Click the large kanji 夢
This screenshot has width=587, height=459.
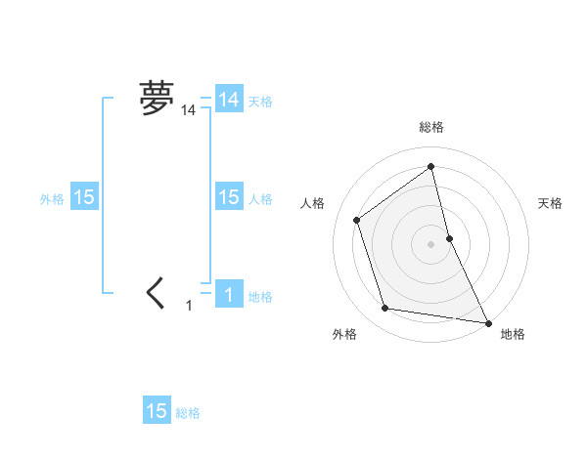click(157, 98)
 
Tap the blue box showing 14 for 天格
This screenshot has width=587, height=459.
click(229, 99)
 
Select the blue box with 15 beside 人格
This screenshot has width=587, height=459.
click(229, 197)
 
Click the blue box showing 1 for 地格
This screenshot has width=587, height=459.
click(229, 294)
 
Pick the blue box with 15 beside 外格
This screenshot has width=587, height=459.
click(84, 197)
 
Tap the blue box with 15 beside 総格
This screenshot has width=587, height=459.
click(157, 411)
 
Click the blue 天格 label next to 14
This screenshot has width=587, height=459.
click(260, 101)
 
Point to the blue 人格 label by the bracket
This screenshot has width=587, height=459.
click(260, 199)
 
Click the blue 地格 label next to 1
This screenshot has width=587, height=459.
click(260, 297)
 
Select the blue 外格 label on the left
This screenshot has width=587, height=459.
click(52, 199)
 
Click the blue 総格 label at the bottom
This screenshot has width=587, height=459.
click(188, 413)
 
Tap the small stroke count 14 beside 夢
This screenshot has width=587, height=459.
click(188, 111)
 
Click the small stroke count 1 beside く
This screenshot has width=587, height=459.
click(189, 306)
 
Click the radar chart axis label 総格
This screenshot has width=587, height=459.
click(431, 127)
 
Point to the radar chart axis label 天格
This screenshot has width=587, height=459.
click(551, 203)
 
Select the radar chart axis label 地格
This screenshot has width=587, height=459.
click(513, 335)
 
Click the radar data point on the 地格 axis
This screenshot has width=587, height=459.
click(487, 321)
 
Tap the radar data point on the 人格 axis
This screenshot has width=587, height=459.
click(356, 220)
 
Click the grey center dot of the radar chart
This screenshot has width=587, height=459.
click(431, 244)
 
